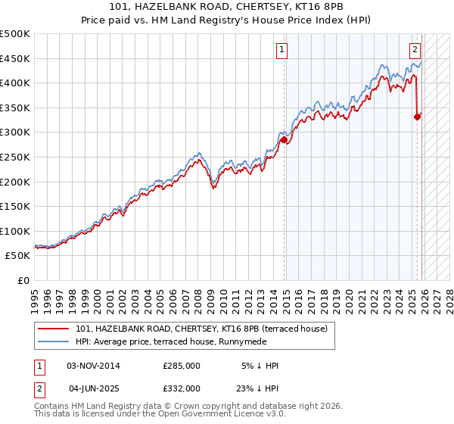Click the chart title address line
(x=227, y=7)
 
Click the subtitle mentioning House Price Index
(x=227, y=20)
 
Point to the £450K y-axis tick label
(x=16, y=58)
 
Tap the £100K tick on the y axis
(x=16, y=231)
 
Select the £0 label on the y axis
(x=23, y=280)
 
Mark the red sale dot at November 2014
(x=284, y=139)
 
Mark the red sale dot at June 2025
(x=417, y=117)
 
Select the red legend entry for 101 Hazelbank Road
(x=201, y=329)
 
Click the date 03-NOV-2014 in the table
(x=93, y=366)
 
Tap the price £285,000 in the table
(x=181, y=366)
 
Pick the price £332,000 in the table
(x=181, y=388)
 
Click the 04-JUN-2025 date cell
(x=93, y=388)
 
